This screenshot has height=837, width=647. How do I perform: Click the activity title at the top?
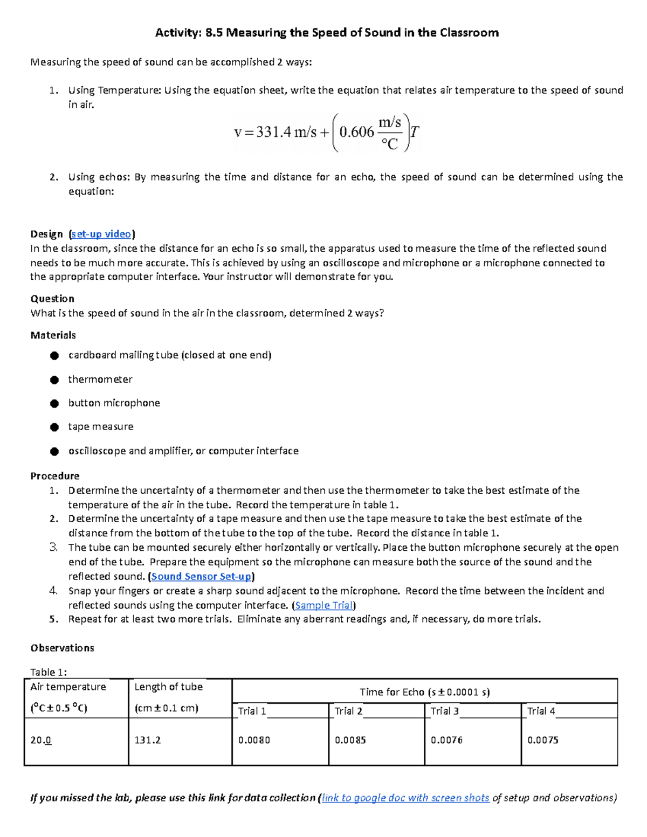pyautogui.click(x=327, y=33)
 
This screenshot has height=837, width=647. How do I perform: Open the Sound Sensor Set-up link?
pyautogui.click(x=201, y=576)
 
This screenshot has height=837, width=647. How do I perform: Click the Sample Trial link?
pyautogui.click(x=323, y=605)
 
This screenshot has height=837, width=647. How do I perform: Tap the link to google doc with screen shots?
pyautogui.click(x=405, y=798)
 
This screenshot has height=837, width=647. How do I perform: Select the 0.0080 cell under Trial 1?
pyautogui.click(x=254, y=740)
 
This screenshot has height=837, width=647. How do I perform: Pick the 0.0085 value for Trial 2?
pyautogui.click(x=350, y=740)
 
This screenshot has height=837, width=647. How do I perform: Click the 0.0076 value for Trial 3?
pyautogui.click(x=446, y=740)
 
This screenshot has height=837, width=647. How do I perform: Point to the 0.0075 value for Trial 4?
pyautogui.click(x=542, y=740)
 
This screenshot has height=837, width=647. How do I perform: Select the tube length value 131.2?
pyautogui.click(x=148, y=740)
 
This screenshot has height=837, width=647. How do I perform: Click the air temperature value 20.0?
pyautogui.click(x=41, y=740)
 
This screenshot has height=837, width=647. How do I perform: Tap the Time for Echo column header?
pyautogui.click(x=424, y=692)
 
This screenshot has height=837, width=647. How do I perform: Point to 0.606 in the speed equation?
pyautogui.click(x=356, y=132)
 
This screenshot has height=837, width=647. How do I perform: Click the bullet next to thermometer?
pyautogui.click(x=54, y=380)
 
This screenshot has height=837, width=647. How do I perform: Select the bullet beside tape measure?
pyautogui.click(x=54, y=427)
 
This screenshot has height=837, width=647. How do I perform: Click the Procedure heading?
pyautogui.click(x=55, y=476)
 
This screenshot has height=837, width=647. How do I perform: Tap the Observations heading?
pyautogui.click(x=62, y=648)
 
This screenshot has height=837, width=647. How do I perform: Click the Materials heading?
pyautogui.click(x=53, y=335)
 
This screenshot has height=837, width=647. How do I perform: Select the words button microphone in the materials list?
pyautogui.click(x=114, y=403)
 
